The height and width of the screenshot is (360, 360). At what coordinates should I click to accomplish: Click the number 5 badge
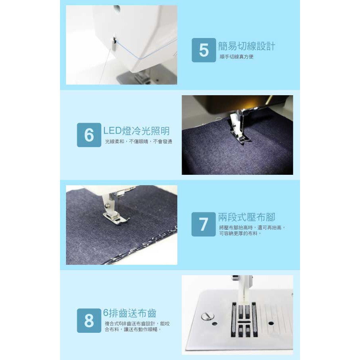pos(204,50)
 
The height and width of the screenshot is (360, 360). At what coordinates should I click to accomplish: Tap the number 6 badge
pos(89,135)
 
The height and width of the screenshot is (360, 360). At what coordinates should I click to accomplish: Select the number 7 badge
pos(204,224)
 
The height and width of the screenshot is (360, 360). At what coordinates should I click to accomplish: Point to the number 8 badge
pos(89,320)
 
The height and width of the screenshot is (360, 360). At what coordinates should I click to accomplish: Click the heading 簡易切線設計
pos(246,46)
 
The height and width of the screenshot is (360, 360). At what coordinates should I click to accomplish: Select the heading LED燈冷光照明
pos(136,131)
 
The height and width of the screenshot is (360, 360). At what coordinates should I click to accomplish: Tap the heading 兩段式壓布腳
pos(246,217)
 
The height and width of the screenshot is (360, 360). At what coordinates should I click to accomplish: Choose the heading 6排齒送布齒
pos(130,313)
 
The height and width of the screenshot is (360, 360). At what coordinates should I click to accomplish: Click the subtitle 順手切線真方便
pos(236,57)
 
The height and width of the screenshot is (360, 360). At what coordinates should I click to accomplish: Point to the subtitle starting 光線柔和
pos(138,142)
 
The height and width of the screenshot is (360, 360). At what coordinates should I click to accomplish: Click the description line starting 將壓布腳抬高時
pos(252,228)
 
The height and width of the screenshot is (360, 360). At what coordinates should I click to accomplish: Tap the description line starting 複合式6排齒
pos(137,324)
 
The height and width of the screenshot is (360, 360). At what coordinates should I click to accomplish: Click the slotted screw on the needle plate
pos(207,316)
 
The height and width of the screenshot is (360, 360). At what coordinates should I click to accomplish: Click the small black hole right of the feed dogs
pos(271,323)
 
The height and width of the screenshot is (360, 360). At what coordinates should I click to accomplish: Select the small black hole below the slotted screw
pos(215,324)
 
